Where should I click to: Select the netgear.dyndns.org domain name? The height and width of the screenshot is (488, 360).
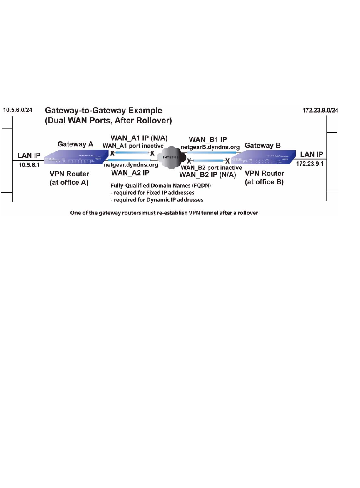point(131,165)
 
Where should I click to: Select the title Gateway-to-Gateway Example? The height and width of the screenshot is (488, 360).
point(103,111)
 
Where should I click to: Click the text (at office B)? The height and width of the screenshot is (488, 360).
point(264,182)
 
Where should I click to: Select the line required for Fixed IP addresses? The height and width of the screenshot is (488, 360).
point(152,192)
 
